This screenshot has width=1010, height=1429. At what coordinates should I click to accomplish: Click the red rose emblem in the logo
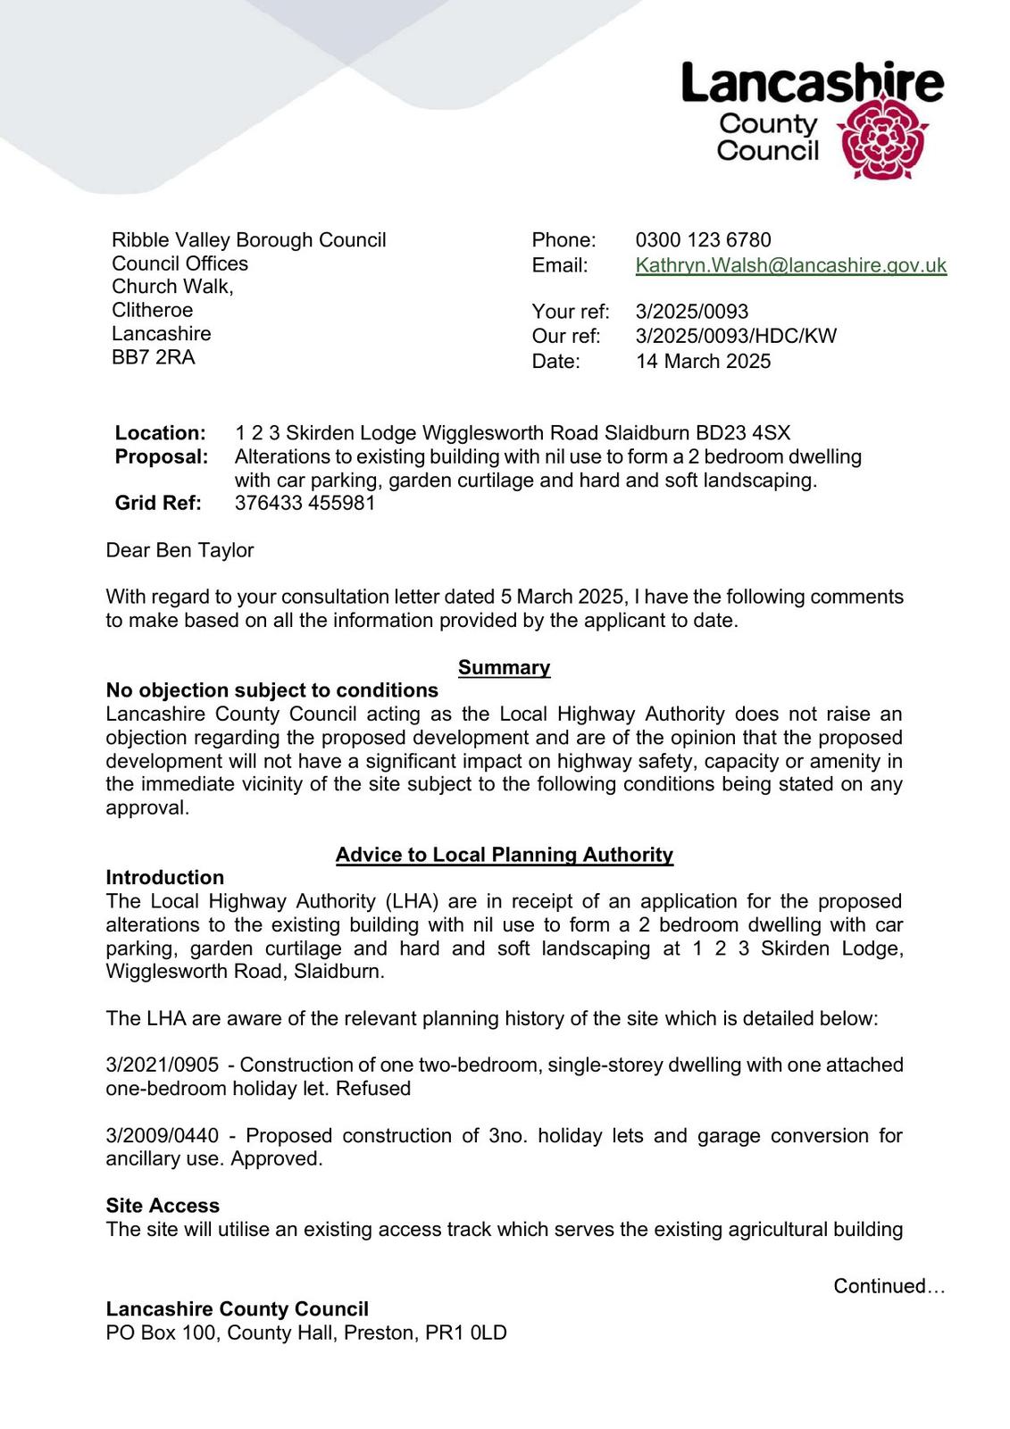click(881, 139)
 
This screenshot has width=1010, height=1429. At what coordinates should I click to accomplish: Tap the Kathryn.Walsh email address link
click(790, 265)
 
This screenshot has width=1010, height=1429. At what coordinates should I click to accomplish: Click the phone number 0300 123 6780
click(703, 240)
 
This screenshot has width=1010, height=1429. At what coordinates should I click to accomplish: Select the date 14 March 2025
click(703, 362)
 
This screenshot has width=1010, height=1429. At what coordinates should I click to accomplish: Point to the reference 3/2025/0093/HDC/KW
click(736, 337)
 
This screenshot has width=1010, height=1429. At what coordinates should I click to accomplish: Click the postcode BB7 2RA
click(153, 357)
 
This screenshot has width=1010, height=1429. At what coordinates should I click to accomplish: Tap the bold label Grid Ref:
click(158, 503)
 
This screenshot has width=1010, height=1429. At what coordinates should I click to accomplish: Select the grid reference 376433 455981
click(305, 503)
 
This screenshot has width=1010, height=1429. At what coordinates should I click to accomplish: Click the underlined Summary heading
click(504, 668)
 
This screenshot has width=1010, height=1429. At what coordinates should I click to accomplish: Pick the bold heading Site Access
click(163, 1206)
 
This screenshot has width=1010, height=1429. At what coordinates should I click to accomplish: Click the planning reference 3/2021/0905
click(163, 1065)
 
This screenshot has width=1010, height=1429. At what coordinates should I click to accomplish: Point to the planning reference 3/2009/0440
click(163, 1136)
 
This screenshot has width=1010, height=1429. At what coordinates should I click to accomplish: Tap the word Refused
click(373, 1089)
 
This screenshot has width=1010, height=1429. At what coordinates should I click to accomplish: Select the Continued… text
click(889, 1286)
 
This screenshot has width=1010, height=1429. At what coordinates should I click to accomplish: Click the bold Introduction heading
click(165, 878)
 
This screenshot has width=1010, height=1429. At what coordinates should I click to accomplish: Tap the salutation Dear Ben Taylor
click(179, 550)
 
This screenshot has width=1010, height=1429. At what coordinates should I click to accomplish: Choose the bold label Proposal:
click(162, 457)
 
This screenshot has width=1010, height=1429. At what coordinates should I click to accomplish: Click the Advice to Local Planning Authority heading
click(504, 855)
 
